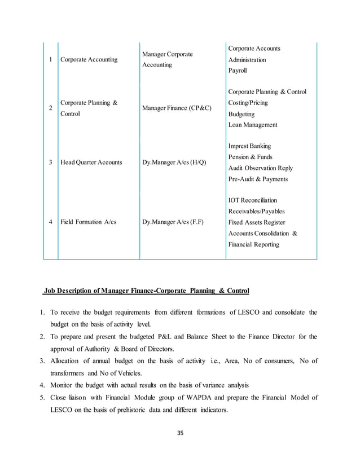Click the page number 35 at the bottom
click(x=180, y=433)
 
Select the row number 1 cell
click(x=51, y=59)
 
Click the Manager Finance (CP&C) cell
click(x=177, y=108)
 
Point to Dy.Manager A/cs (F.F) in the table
click(x=173, y=222)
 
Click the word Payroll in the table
click(x=238, y=71)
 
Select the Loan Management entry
click(x=253, y=125)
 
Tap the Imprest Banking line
click(x=249, y=146)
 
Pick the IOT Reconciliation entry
click(x=252, y=200)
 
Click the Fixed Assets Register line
click(x=257, y=222)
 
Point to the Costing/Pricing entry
click(x=248, y=103)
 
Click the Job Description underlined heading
click(x=146, y=291)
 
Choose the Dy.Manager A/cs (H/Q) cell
click(x=174, y=162)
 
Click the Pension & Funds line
click(x=250, y=157)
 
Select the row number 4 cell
click(x=51, y=222)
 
